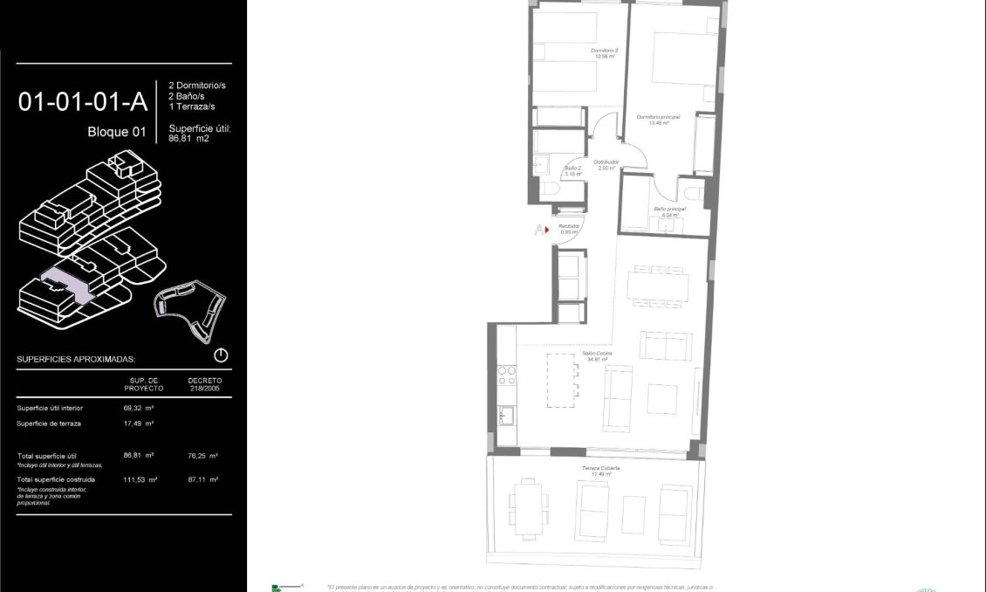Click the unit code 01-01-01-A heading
[x=83, y=102]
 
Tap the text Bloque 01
[x=116, y=133]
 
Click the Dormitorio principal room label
[x=658, y=120]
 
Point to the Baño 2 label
[x=573, y=170]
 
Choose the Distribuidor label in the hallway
[x=606, y=164]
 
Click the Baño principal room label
[x=669, y=211]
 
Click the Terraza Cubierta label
[x=601, y=470]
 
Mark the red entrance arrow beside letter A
[x=548, y=231]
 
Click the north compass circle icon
[x=221, y=355]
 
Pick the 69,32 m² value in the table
[x=139, y=408]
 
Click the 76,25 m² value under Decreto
[x=202, y=455]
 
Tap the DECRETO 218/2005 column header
[x=205, y=384]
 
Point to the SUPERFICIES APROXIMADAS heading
[x=76, y=359]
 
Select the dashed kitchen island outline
[x=562, y=379]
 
